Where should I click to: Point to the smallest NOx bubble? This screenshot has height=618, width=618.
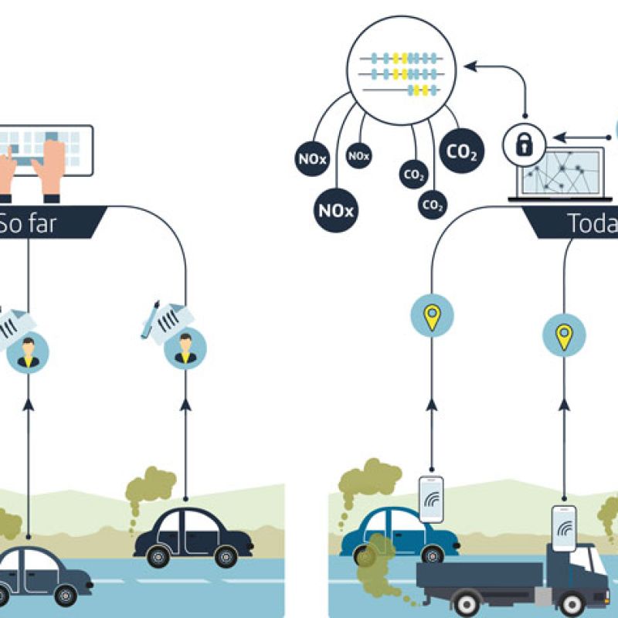[358, 155]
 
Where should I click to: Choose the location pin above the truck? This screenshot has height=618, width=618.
[565, 336]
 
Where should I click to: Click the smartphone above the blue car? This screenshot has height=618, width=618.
[431, 499]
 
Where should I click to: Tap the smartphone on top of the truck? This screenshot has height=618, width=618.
[564, 528]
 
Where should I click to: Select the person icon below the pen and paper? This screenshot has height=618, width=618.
[185, 348]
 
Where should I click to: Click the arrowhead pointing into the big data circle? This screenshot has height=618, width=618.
[470, 68]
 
